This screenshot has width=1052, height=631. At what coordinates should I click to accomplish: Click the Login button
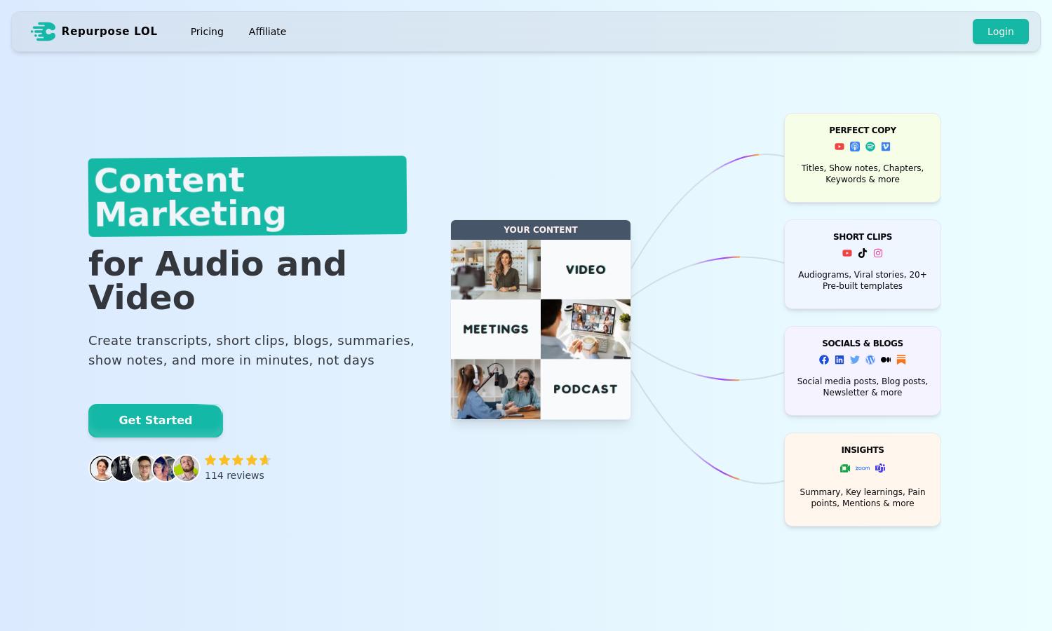coord(1000,32)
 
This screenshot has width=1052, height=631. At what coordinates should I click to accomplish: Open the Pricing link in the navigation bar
coord(207,32)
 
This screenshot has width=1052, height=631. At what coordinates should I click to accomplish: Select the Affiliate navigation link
coord(267,32)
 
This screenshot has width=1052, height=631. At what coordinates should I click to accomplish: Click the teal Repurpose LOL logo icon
coord(43,32)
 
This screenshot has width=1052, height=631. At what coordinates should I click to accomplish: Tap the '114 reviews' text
coord(234,475)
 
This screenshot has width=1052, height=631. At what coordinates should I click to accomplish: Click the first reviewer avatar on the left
coord(102,468)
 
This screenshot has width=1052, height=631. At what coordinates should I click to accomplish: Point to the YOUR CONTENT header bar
coord(541,229)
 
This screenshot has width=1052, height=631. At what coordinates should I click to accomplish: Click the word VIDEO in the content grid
coord(586,269)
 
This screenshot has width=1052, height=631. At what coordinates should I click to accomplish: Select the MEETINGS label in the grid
coord(495,329)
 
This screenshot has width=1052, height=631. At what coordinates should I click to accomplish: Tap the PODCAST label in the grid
coord(585,388)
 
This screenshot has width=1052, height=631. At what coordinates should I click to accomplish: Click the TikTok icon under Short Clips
coord(862,253)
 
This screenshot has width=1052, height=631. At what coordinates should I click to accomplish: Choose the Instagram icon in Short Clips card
coord(878,253)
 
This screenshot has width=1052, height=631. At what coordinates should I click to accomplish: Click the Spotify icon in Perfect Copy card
coord(870,147)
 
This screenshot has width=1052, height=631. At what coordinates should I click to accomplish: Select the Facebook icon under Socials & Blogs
coord(824,360)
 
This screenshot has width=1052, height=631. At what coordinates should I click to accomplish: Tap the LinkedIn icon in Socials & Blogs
coord(839,360)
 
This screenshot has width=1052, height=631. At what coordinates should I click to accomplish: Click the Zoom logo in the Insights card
coord(862,468)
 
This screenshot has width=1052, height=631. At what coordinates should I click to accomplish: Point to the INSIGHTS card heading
coord(862,450)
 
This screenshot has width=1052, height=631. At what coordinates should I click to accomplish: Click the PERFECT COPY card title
coord(862,130)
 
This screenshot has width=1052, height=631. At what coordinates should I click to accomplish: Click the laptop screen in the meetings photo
coord(593,318)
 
